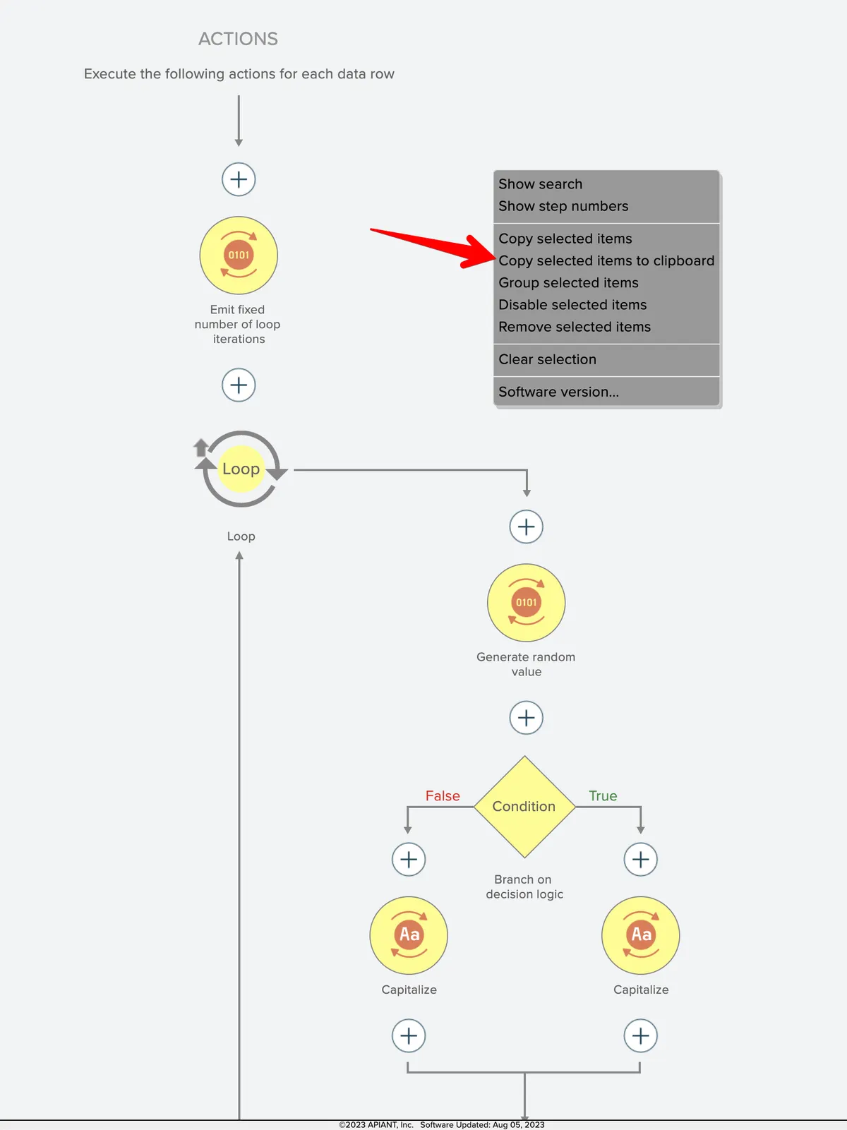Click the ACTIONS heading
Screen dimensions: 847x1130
click(238, 39)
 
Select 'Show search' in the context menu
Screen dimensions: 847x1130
click(540, 184)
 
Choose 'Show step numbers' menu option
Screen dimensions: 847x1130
click(563, 206)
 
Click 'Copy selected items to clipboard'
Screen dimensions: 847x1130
click(606, 260)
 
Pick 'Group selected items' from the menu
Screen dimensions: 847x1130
click(568, 282)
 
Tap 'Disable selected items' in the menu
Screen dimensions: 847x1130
click(572, 305)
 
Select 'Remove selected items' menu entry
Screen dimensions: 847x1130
click(575, 327)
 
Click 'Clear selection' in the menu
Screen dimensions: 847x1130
click(547, 359)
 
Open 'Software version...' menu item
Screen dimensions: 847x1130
click(558, 392)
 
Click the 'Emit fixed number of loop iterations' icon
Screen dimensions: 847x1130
click(239, 256)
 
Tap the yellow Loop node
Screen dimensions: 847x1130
click(241, 469)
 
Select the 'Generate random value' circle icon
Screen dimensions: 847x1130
click(526, 602)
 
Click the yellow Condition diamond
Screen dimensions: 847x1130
click(524, 807)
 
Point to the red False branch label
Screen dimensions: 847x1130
click(443, 796)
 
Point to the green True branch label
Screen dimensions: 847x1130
click(603, 796)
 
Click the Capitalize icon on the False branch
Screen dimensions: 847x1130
click(409, 935)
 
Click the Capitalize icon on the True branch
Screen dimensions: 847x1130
click(641, 935)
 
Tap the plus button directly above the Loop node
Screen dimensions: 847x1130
click(239, 385)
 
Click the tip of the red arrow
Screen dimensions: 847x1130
click(495, 258)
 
